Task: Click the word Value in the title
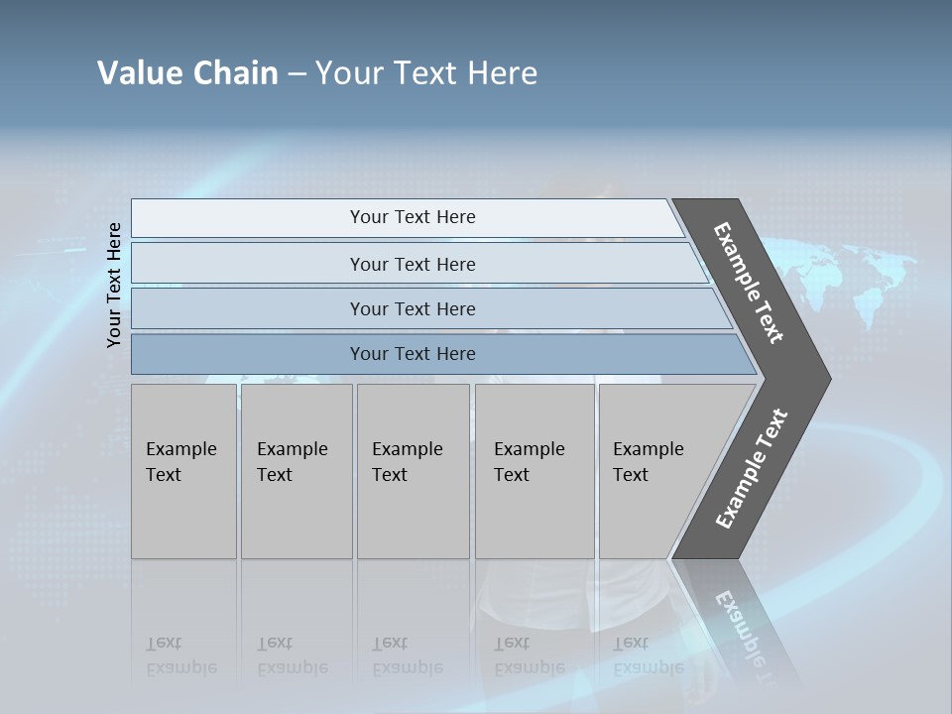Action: point(138,73)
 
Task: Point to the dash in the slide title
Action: point(297,74)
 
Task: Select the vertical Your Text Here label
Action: point(114,285)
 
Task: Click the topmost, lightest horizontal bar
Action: point(412,217)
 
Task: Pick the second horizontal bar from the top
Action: point(412,264)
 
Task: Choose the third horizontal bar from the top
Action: point(412,308)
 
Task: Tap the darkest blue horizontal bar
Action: point(412,354)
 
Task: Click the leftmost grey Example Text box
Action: point(183,471)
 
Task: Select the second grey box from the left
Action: point(296,471)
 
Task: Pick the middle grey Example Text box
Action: point(413,471)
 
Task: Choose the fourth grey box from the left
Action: point(534,471)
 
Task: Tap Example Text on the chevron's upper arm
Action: point(749,283)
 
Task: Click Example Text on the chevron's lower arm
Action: point(752,469)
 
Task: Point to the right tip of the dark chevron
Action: point(829,379)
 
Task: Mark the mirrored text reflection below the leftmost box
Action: point(181,655)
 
